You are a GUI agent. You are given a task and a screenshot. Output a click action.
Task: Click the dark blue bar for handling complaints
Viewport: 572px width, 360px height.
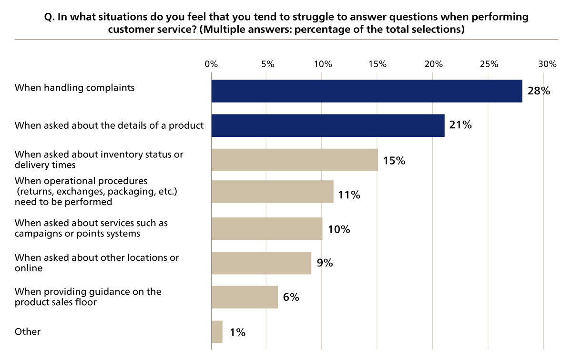[367, 91]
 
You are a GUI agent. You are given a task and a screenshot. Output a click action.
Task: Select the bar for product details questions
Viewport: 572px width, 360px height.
[328, 125]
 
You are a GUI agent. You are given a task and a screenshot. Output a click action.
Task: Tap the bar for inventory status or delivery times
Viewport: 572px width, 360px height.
[295, 160]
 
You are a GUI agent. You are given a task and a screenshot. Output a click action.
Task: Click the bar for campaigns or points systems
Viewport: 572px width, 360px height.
[266, 229]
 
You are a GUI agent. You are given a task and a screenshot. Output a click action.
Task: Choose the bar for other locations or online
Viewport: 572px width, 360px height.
[261, 263]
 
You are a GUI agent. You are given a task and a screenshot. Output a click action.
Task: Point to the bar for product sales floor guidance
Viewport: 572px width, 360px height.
[245, 298]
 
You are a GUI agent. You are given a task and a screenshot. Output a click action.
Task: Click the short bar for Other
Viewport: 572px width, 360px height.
[217, 332]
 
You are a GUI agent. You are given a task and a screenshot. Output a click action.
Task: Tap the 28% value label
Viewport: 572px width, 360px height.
[539, 91]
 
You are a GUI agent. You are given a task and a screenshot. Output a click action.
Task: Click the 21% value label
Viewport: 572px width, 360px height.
[460, 125]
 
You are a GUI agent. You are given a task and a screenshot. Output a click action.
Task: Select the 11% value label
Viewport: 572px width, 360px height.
[349, 195]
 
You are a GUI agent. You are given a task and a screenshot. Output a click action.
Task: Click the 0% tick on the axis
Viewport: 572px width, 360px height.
[211, 64]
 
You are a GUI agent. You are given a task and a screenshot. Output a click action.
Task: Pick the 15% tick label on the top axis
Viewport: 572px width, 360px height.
[377, 64]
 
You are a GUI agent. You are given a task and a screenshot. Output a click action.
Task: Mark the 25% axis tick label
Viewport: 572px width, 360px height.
[489, 64]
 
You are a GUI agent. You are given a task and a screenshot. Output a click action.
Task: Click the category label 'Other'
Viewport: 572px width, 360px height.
[28, 332]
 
